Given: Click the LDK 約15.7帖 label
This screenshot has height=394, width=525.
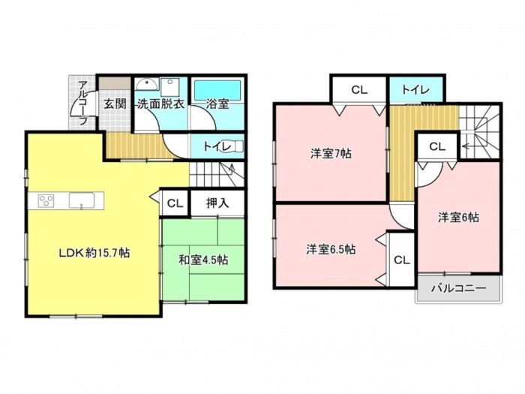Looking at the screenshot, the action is (x=94, y=253).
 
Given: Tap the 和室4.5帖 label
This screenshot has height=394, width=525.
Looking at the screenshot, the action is (x=203, y=260).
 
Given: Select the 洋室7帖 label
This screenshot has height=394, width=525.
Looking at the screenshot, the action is (x=331, y=154).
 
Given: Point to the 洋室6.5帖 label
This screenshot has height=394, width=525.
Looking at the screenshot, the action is (x=331, y=250).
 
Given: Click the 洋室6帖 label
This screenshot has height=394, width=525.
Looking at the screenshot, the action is (x=458, y=218).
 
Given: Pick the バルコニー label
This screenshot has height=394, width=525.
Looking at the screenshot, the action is (x=458, y=288).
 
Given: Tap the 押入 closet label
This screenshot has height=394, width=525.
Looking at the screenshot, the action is (x=217, y=203).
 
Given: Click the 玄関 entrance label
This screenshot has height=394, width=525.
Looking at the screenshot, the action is (x=115, y=104).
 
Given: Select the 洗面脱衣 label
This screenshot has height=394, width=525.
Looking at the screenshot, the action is (x=161, y=104).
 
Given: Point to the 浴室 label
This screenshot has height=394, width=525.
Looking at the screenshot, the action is (x=217, y=104).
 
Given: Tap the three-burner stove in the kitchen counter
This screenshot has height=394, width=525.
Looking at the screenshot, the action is (x=46, y=201).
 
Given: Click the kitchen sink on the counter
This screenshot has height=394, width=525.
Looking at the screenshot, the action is (x=82, y=200).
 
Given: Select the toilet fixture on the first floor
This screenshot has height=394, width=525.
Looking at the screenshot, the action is (x=235, y=146).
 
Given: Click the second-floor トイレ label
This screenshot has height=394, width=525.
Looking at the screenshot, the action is (x=415, y=89).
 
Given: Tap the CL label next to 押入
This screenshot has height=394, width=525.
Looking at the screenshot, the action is (x=175, y=203).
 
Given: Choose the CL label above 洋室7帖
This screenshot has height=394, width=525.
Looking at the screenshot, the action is (x=359, y=90).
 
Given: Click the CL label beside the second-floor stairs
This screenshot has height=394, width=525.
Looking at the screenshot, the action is (x=437, y=146).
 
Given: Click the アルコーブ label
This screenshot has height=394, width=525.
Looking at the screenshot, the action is (x=82, y=103).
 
